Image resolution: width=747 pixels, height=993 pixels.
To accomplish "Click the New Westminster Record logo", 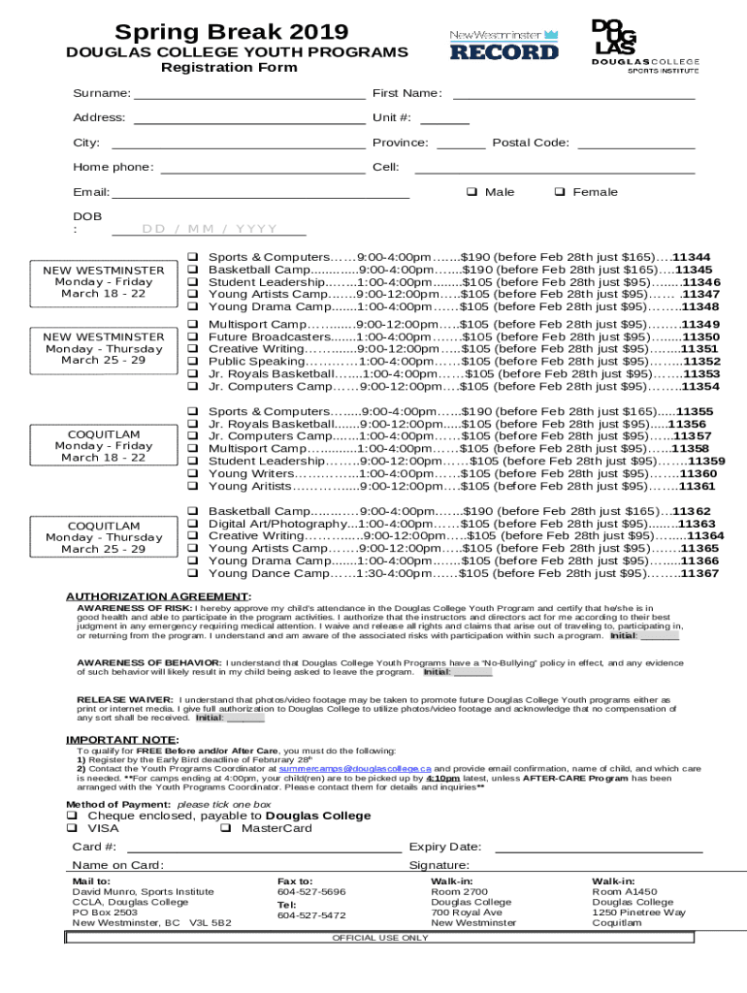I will point(503,45).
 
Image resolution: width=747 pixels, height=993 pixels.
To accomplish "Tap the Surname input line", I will point(249,94).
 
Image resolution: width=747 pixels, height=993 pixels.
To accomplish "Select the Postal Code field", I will point(636,144).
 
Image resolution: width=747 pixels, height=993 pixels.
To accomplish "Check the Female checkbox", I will point(560,192).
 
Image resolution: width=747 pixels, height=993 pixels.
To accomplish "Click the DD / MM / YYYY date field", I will point(210,230).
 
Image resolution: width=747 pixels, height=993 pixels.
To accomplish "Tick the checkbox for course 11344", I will point(192,257).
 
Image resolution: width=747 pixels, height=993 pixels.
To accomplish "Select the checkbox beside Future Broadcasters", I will point(192,336).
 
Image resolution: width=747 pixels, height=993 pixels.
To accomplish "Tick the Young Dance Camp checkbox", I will point(192,573).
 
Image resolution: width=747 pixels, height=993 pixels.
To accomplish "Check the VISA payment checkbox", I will point(72,828).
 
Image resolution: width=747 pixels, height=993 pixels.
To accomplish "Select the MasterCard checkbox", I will point(225,828).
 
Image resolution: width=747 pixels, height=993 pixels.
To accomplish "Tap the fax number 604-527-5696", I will point(311,891).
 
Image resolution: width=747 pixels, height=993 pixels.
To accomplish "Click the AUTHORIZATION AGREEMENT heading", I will point(157,595).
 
